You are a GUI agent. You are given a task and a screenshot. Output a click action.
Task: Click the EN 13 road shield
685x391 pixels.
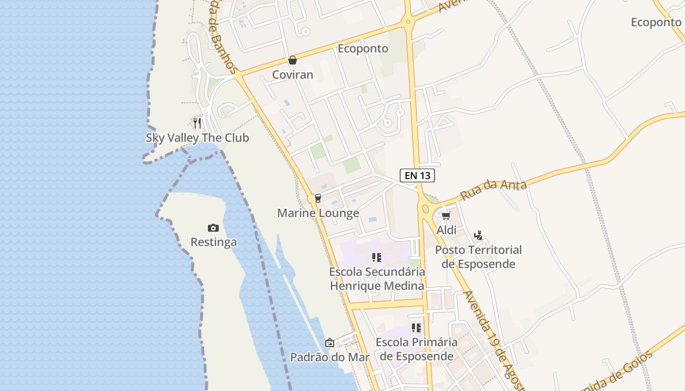pyautogui.click(x=417, y=175)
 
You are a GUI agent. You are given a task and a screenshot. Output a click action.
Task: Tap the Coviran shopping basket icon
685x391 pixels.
pyautogui.click(x=293, y=60)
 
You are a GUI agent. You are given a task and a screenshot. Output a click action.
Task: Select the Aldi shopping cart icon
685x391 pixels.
pyautogui.click(x=446, y=216)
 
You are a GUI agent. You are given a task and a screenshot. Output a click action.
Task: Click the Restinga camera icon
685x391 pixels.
pyautogui.click(x=213, y=228)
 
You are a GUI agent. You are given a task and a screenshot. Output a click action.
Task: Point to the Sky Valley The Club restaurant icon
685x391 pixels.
pyautogui.click(x=197, y=123)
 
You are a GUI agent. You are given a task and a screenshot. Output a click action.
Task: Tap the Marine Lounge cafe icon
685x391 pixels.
pyautogui.click(x=318, y=198)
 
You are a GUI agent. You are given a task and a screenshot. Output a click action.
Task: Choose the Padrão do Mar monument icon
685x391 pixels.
pyautogui.click(x=330, y=343)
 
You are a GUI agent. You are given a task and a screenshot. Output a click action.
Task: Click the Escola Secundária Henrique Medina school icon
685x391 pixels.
pyautogui.click(x=376, y=257)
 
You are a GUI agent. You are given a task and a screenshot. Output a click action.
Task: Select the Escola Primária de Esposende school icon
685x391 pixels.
pyautogui.click(x=416, y=327)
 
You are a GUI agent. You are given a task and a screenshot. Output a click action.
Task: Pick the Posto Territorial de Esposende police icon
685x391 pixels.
pyautogui.click(x=479, y=236)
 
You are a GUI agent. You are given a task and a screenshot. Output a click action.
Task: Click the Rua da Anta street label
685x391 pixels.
pyautogui.click(x=493, y=190)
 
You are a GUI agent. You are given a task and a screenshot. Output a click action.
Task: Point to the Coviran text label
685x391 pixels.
pyautogui.click(x=293, y=75)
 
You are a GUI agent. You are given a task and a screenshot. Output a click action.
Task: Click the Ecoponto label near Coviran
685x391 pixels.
pyautogui.click(x=363, y=48)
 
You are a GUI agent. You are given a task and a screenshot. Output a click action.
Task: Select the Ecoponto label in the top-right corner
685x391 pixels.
pyautogui.click(x=656, y=22)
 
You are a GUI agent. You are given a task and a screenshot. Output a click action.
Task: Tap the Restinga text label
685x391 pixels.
pyautogui.click(x=213, y=242)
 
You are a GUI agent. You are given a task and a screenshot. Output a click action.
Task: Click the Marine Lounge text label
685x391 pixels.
pyautogui.click(x=318, y=213)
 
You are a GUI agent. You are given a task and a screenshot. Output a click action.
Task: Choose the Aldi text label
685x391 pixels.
pyautogui.click(x=446, y=230)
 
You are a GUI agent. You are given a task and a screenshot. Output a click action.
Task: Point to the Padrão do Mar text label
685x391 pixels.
pyautogui.click(x=330, y=357)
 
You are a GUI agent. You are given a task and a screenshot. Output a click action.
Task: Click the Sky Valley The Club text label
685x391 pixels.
pyautogui.click(x=197, y=138)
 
